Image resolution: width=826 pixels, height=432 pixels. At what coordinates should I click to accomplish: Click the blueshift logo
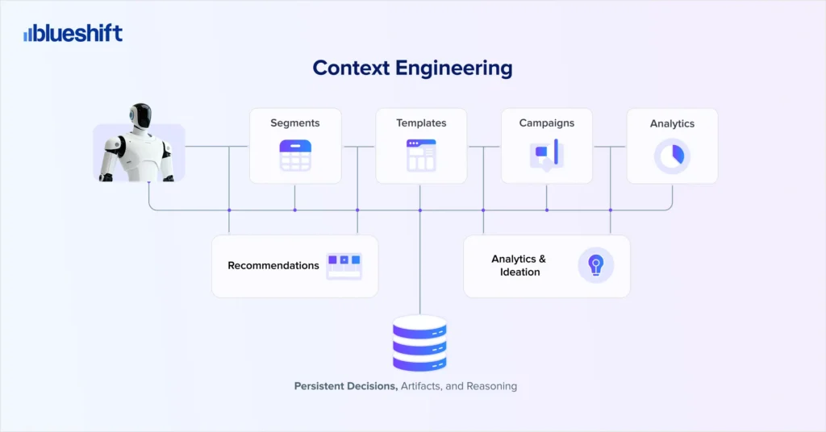coord(73,34)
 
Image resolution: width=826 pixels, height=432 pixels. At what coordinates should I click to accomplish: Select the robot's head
coord(141,116)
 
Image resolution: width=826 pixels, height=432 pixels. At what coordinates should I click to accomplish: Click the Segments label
coord(294,123)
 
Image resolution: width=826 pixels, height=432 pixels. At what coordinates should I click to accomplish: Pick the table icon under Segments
coord(295,156)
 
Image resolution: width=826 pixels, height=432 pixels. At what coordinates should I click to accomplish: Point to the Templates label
coord(421,123)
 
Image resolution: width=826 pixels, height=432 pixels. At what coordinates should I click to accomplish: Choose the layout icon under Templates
coord(421,156)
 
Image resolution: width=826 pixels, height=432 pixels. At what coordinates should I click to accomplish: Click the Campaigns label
coord(547,123)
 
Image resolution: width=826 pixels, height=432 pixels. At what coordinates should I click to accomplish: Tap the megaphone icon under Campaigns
coord(547,155)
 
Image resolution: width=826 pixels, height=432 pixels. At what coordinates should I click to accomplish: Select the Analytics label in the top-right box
coord(672,124)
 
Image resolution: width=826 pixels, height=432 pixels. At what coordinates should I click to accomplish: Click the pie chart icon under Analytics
coord(672,156)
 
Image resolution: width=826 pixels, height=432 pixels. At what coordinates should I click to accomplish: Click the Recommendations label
coord(273,265)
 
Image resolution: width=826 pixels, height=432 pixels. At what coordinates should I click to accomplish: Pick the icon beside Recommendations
coord(344,265)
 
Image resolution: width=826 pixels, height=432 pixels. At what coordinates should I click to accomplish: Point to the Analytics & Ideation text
coord(519,265)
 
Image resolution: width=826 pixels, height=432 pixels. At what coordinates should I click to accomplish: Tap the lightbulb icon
coord(595,265)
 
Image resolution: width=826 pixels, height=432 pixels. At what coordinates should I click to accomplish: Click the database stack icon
coord(419,343)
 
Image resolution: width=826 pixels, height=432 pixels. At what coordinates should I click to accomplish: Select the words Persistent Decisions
coord(346,386)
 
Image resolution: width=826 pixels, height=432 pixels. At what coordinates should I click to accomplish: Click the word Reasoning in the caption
coord(492,386)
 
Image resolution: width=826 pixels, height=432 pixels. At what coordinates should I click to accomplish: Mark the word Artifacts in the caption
coord(422,386)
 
